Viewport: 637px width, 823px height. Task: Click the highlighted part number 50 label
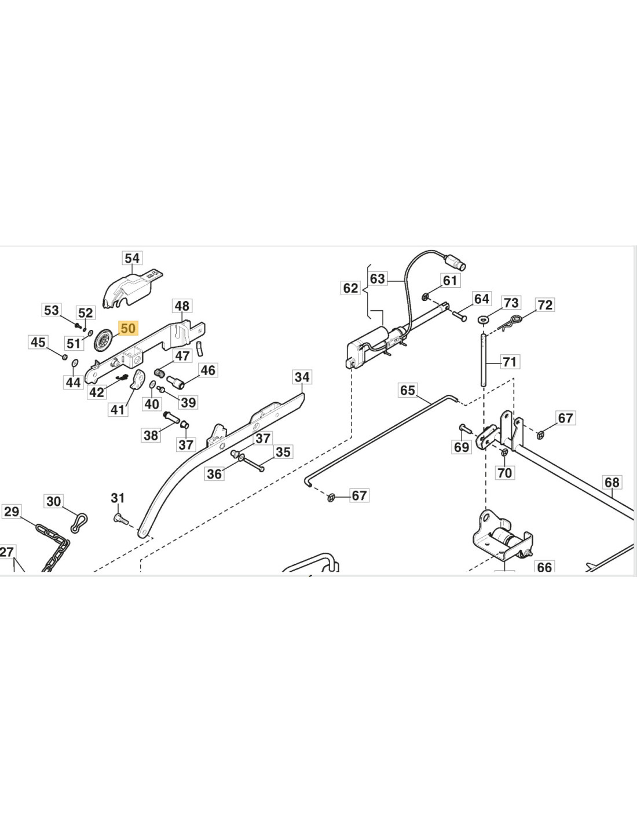click(x=127, y=329)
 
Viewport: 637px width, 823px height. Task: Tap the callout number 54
click(x=132, y=258)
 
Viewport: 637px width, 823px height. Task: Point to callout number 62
click(x=350, y=288)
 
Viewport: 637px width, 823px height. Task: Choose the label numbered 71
click(x=509, y=362)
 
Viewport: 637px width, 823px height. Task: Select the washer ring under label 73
click(x=482, y=319)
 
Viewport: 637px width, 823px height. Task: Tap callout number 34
click(x=302, y=377)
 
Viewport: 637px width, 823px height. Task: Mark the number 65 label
click(x=407, y=390)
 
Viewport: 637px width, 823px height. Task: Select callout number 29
click(x=11, y=512)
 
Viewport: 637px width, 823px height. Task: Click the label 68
click(x=612, y=482)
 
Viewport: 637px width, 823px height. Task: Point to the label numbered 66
click(x=544, y=567)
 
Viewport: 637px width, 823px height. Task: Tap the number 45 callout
click(x=38, y=342)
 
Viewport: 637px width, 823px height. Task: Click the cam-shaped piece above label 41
click(x=138, y=380)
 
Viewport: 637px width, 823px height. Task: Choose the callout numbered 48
click(x=182, y=306)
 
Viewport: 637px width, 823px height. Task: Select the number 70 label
click(x=504, y=473)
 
